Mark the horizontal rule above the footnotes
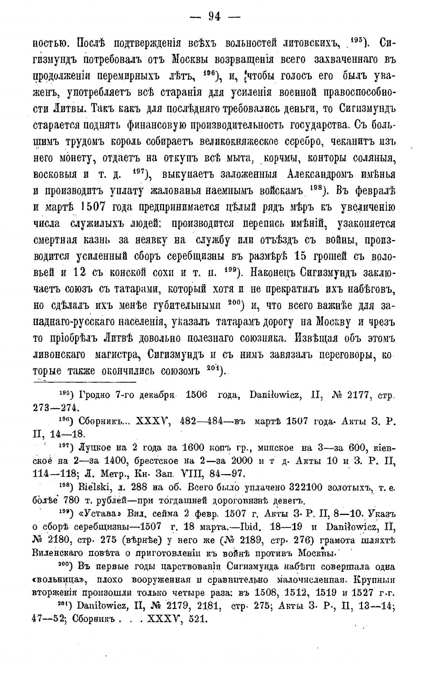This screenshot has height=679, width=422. pos(85,381)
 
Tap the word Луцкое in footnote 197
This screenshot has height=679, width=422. pos(95,447)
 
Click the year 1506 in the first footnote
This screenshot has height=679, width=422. pos(198,395)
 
